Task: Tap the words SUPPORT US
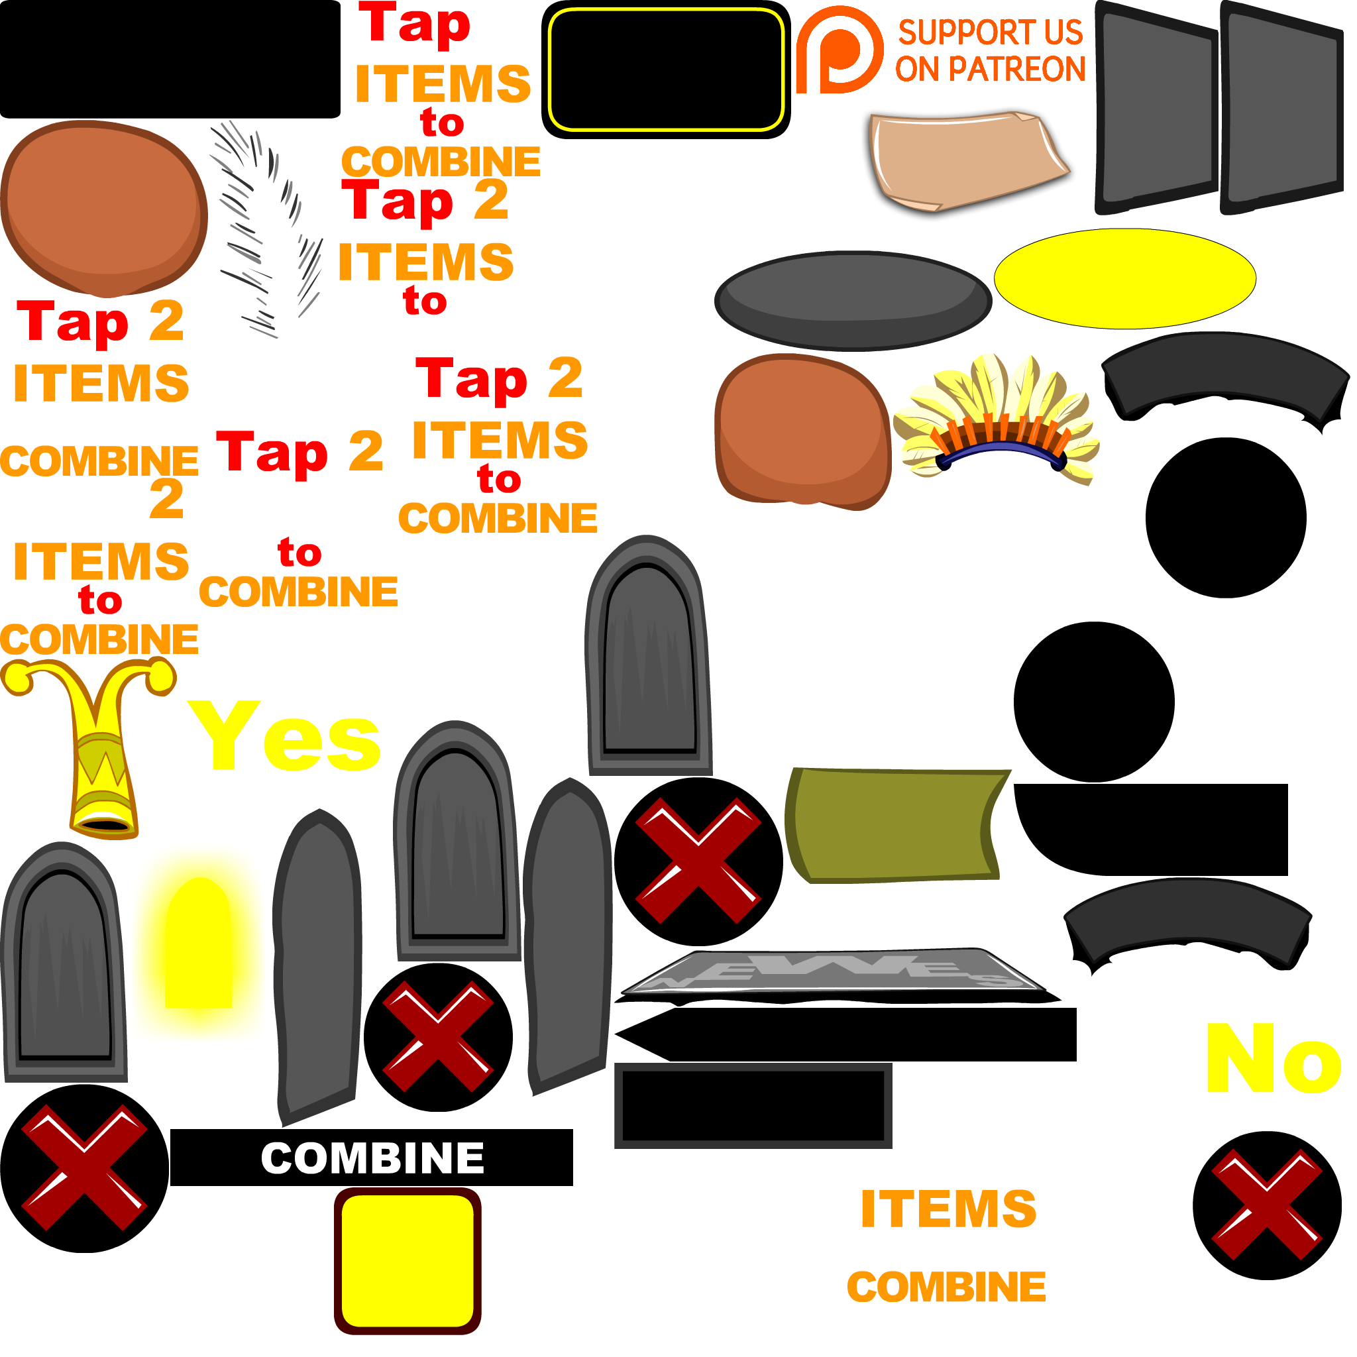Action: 991,32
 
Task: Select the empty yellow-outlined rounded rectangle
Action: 666,70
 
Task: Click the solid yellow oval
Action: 1124,278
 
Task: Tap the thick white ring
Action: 491,627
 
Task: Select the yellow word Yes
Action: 284,736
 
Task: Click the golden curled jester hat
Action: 95,745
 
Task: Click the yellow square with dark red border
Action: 407,1261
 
